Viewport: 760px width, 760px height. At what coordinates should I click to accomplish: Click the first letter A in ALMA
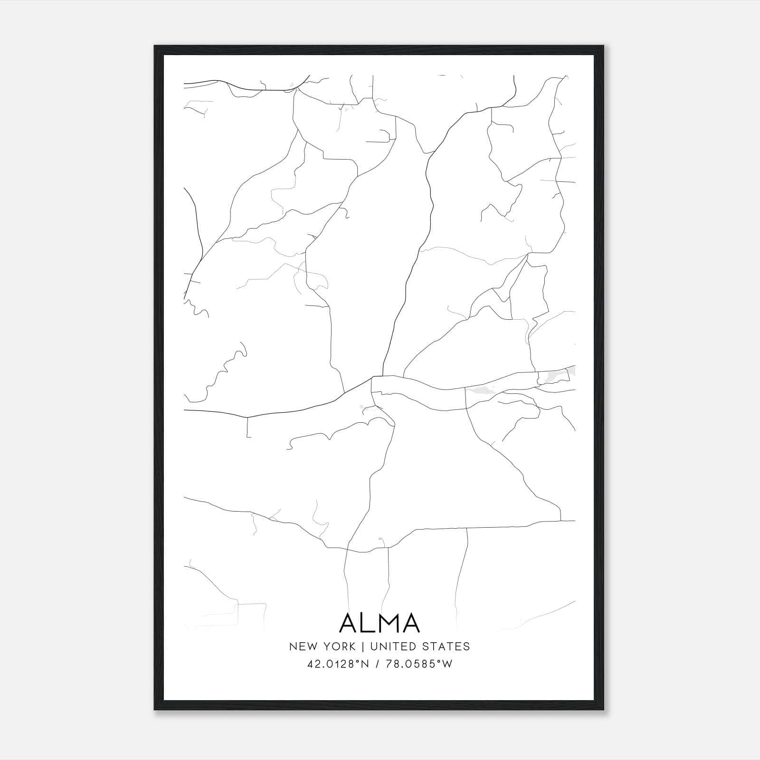pyautogui.click(x=350, y=623)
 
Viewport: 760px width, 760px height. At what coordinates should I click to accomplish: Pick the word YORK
pyautogui.click(x=338, y=646)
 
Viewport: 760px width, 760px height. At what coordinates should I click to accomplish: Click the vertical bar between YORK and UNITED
pyautogui.click(x=362, y=646)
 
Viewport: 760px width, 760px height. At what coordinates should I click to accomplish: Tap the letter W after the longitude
pyautogui.click(x=447, y=664)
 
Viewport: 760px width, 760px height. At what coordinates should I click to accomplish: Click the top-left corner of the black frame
pyautogui.click(x=155, y=46)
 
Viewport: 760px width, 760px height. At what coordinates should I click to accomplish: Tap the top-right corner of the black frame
pyautogui.click(x=603, y=46)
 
